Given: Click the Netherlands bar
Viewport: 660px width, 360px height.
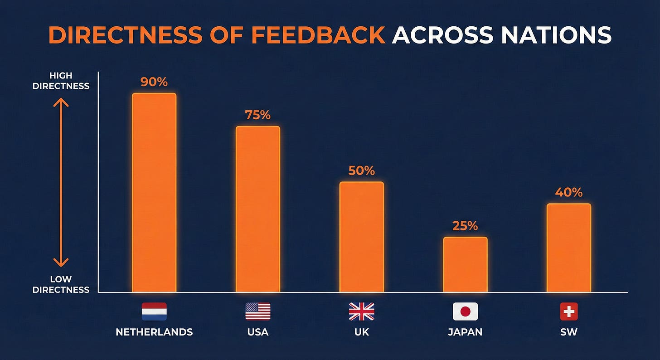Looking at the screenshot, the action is point(154,193).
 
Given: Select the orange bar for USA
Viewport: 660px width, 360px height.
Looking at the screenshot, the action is point(258,209).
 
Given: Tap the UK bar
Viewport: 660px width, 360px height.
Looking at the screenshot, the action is point(362,237).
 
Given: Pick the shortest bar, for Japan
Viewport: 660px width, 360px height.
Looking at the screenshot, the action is point(465,264).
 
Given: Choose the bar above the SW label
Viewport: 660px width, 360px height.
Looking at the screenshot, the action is point(569,248).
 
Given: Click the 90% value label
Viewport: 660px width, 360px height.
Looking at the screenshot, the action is point(154,82).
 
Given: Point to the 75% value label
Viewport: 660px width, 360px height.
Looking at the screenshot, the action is point(257,115).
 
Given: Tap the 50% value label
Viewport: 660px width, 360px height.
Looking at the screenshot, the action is point(362,170).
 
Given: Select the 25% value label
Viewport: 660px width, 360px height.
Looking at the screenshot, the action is point(465,226).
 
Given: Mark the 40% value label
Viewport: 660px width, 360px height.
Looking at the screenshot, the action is point(568,192).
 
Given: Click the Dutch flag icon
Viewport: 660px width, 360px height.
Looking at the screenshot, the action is point(154,311).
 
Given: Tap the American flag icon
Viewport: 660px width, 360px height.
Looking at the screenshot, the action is point(258,311).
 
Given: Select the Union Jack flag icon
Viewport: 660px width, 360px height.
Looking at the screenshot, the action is point(362,311).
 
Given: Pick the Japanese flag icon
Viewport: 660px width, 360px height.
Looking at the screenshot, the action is point(465,311).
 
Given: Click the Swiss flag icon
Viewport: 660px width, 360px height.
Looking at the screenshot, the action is point(569,311).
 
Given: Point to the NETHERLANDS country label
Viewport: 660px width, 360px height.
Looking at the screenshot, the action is point(154,332).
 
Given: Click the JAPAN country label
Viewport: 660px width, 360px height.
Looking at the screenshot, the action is point(465,332).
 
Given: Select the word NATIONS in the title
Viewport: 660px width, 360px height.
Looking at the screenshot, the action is point(556,35).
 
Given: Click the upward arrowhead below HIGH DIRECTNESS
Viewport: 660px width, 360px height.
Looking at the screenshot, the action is point(61,102).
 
